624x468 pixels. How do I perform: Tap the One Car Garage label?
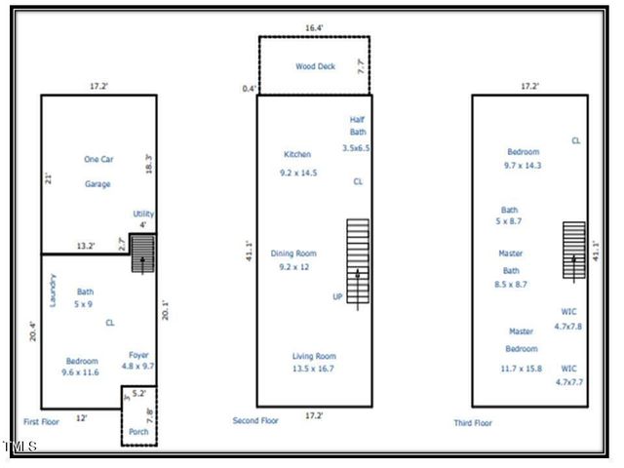[x=97, y=171]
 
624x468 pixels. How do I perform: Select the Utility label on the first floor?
[x=142, y=214]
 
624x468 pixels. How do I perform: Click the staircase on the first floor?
[x=142, y=253]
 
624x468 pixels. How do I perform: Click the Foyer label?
[x=138, y=354]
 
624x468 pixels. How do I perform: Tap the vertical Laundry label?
[x=53, y=290]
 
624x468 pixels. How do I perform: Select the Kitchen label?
[x=297, y=154]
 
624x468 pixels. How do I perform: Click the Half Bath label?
[x=357, y=126]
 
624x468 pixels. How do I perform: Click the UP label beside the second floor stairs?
[x=338, y=296]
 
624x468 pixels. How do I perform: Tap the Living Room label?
[x=314, y=356]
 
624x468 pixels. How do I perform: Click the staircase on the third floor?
[x=573, y=251]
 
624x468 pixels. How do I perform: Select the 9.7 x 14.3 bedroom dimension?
[x=523, y=166]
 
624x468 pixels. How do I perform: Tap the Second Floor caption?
[x=255, y=420]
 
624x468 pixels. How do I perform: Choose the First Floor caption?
[x=45, y=422]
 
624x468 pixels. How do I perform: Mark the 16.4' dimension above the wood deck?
[x=314, y=29]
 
